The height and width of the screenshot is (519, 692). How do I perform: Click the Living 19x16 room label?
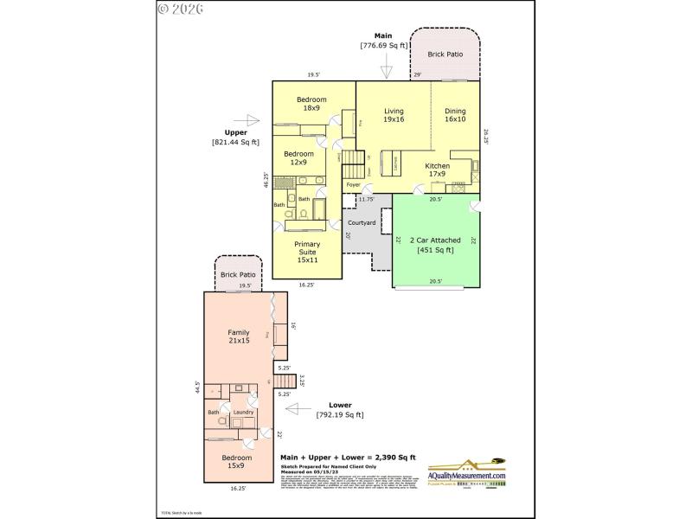pos(394,115)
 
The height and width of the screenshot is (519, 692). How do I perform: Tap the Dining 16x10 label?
pos(455,115)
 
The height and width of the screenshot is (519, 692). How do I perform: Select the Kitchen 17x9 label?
pos(436,169)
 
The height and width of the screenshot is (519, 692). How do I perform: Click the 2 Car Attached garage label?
pos(436,245)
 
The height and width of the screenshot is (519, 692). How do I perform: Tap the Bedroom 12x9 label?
pos(299,157)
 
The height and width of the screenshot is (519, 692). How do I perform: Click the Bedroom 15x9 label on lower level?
pos(236,462)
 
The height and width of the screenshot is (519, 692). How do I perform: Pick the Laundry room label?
pos(242,413)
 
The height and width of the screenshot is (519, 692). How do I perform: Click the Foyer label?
pos(352,185)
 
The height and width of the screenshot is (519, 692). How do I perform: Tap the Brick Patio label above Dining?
pos(445,54)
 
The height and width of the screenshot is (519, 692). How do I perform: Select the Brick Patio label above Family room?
pos(238,274)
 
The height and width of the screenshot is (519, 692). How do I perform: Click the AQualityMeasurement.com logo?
pos(467,475)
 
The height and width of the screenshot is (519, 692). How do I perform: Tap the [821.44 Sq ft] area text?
pos(235,142)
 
